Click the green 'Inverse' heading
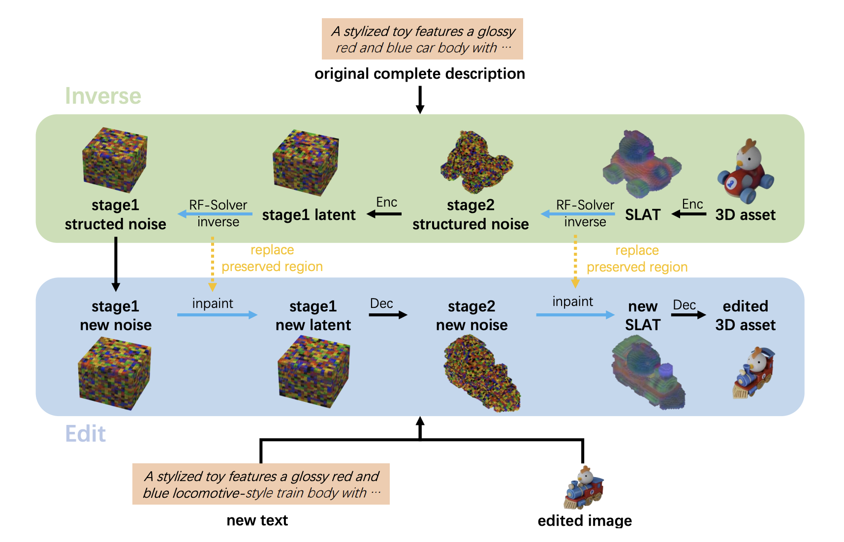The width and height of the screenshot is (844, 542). (x=103, y=96)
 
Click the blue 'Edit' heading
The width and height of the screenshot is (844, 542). (x=85, y=434)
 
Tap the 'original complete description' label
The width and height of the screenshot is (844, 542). (x=419, y=74)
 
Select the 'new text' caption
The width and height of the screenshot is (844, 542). (x=257, y=520)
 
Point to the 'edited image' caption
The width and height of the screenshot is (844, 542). (x=584, y=520)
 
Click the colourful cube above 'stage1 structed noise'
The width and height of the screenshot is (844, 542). (x=115, y=160)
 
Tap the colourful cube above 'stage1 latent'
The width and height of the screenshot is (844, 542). (x=306, y=162)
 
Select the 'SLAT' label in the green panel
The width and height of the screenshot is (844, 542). (x=642, y=215)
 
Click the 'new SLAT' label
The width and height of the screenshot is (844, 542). (x=642, y=315)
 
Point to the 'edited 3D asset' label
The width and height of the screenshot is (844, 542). (x=745, y=315)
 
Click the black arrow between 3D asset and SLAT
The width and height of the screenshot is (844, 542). (x=689, y=214)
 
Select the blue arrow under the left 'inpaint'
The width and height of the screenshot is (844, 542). (x=217, y=315)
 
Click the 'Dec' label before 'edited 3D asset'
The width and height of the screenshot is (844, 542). (x=684, y=305)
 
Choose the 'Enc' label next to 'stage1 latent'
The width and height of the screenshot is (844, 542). (x=386, y=202)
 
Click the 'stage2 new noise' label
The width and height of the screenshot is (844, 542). (x=471, y=315)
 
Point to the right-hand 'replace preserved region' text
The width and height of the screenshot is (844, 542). (x=637, y=259)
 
